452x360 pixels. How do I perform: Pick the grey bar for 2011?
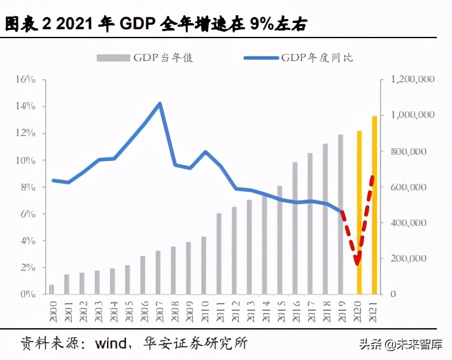(219, 254)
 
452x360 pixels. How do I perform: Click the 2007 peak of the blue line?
(159, 103)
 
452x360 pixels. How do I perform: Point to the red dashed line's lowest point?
(358, 262)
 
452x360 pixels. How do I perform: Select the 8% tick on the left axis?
(27, 187)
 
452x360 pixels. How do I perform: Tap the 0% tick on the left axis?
(27, 294)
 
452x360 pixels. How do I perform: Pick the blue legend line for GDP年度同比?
(261, 58)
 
